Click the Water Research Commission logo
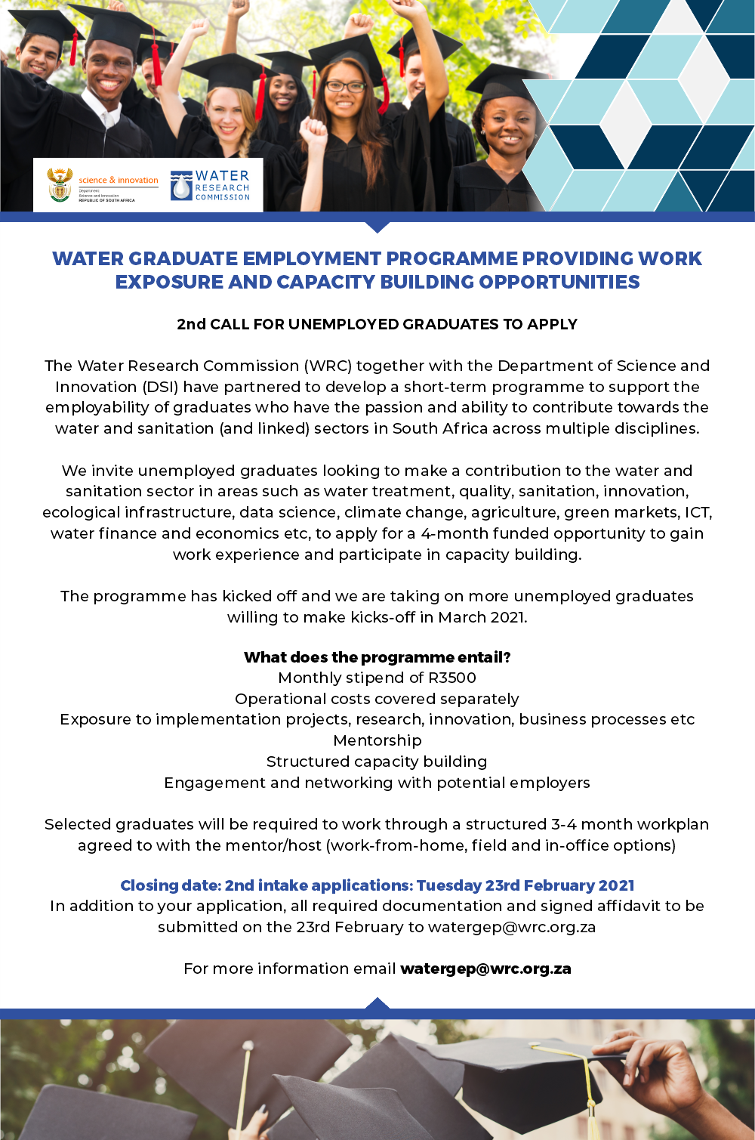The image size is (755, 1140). (211, 185)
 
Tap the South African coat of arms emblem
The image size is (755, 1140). (60, 184)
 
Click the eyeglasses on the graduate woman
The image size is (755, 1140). (345, 86)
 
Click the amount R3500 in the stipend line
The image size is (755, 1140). (452, 678)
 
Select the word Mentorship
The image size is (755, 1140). (377, 740)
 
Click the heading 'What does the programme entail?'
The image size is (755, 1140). (377, 657)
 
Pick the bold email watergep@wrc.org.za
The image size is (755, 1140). (485, 969)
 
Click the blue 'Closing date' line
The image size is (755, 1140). (377, 885)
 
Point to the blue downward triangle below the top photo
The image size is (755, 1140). (377, 227)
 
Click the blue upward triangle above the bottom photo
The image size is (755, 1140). (377, 1003)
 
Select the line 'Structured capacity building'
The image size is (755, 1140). (377, 762)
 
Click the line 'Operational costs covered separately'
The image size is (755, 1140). (377, 699)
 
